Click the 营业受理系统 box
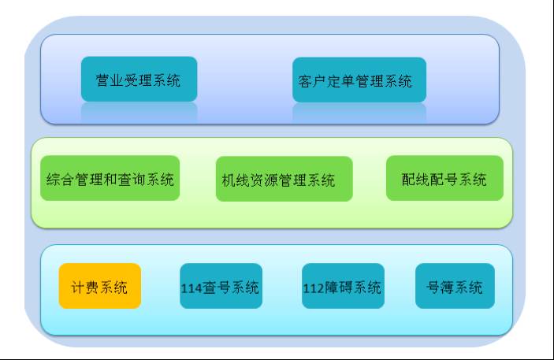coord(139,79)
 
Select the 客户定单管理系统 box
coord(359,80)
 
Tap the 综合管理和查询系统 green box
coord(110,178)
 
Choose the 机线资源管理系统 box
coord(284,179)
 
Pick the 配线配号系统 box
coord(444,178)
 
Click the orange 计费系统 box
coord(100,286)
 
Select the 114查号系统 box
coord(221,286)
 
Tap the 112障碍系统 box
coord(343,286)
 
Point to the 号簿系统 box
coord(455,286)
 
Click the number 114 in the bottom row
coord(191,288)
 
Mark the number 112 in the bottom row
coord(314,288)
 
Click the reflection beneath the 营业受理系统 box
coord(139,111)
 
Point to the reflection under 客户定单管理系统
coord(359,113)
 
